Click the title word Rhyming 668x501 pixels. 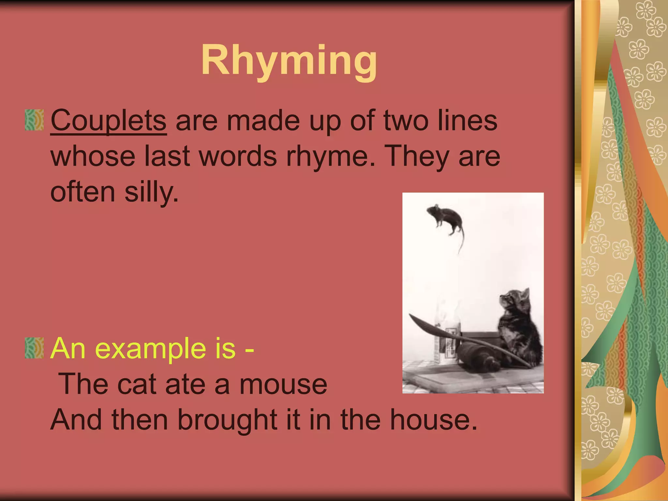coord(289,61)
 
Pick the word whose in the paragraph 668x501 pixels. coord(93,156)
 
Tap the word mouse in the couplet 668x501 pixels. coord(283,384)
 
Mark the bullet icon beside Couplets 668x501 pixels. coord(34,120)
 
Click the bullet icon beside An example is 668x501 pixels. coord(34,348)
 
